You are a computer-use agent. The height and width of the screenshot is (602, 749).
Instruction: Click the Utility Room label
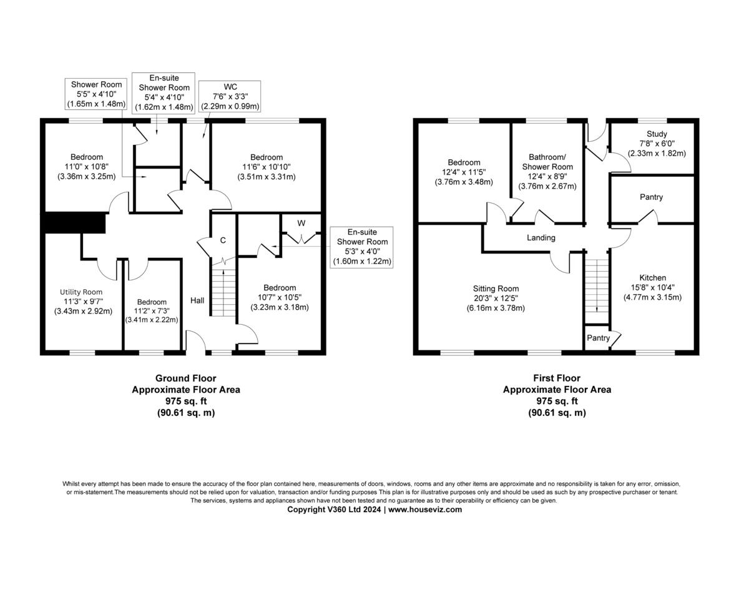pyautogui.click(x=81, y=292)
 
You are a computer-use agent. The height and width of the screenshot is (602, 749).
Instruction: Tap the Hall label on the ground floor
pyautogui.click(x=197, y=300)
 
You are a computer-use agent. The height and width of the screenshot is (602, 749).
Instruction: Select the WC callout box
pyautogui.click(x=230, y=96)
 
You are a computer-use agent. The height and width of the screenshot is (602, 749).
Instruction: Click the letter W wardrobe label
pyautogui.click(x=301, y=223)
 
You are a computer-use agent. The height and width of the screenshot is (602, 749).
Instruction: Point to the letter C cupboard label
pyautogui.click(x=222, y=240)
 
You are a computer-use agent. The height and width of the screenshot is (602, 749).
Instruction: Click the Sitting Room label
pyautogui.click(x=496, y=289)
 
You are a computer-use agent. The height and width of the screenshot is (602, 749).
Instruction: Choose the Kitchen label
pyautogui.click(x=652, y=278)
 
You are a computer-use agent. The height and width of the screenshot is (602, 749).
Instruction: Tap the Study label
pyautogui.click(x=657, y=134)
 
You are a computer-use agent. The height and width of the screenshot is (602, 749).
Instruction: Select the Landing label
pyautogui.click(x=541, y=238)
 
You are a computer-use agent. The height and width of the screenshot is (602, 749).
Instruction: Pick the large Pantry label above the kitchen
pyautogui.click(x=651, y=197)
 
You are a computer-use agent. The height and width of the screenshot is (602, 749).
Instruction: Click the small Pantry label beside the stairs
pyautogui.click(x=598, y=338)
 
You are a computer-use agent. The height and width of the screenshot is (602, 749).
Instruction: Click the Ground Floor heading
pyautogui.click(x=185, y=378)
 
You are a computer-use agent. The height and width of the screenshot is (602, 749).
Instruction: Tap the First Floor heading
pyautogui.click(x=557, y=378)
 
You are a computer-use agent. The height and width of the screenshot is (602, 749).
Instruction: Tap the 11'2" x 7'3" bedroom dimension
pyautogui.click(x=152, y=311)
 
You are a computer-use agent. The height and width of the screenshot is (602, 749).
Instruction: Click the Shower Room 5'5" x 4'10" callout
pyautogui.click(x=96, y=94)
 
